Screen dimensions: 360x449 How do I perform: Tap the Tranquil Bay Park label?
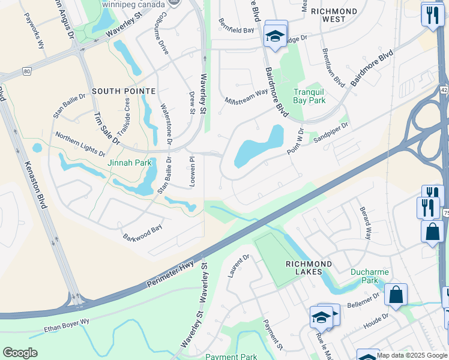click(309, 96)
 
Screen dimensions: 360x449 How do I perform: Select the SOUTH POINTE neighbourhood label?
click(124, 91)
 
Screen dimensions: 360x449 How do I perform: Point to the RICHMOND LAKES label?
click(309, 268)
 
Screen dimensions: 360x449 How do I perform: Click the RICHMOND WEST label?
click(334, 15)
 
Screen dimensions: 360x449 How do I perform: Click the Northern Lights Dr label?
click(80, 145)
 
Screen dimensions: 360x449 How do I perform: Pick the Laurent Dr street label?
click(238, 265)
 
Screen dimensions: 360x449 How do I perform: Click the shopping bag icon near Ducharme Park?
click(396, 295)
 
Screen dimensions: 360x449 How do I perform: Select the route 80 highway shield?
click(26, 71)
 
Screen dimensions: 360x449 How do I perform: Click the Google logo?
click(20, 353)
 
